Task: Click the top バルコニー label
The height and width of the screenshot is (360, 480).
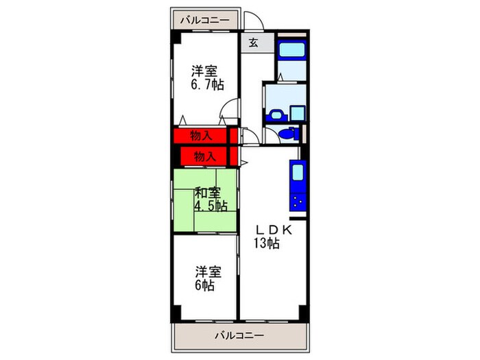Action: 204,20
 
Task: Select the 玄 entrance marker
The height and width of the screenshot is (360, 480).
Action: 253,43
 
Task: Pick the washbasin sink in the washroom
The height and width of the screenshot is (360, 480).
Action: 277,114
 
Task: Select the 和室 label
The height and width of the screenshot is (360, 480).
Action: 207,193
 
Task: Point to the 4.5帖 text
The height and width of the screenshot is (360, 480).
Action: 211,206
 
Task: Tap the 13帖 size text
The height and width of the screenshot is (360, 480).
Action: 267,244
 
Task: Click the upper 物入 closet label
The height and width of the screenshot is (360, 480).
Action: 200,136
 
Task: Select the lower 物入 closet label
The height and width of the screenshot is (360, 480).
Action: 204,156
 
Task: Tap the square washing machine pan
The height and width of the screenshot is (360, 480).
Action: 298,112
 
